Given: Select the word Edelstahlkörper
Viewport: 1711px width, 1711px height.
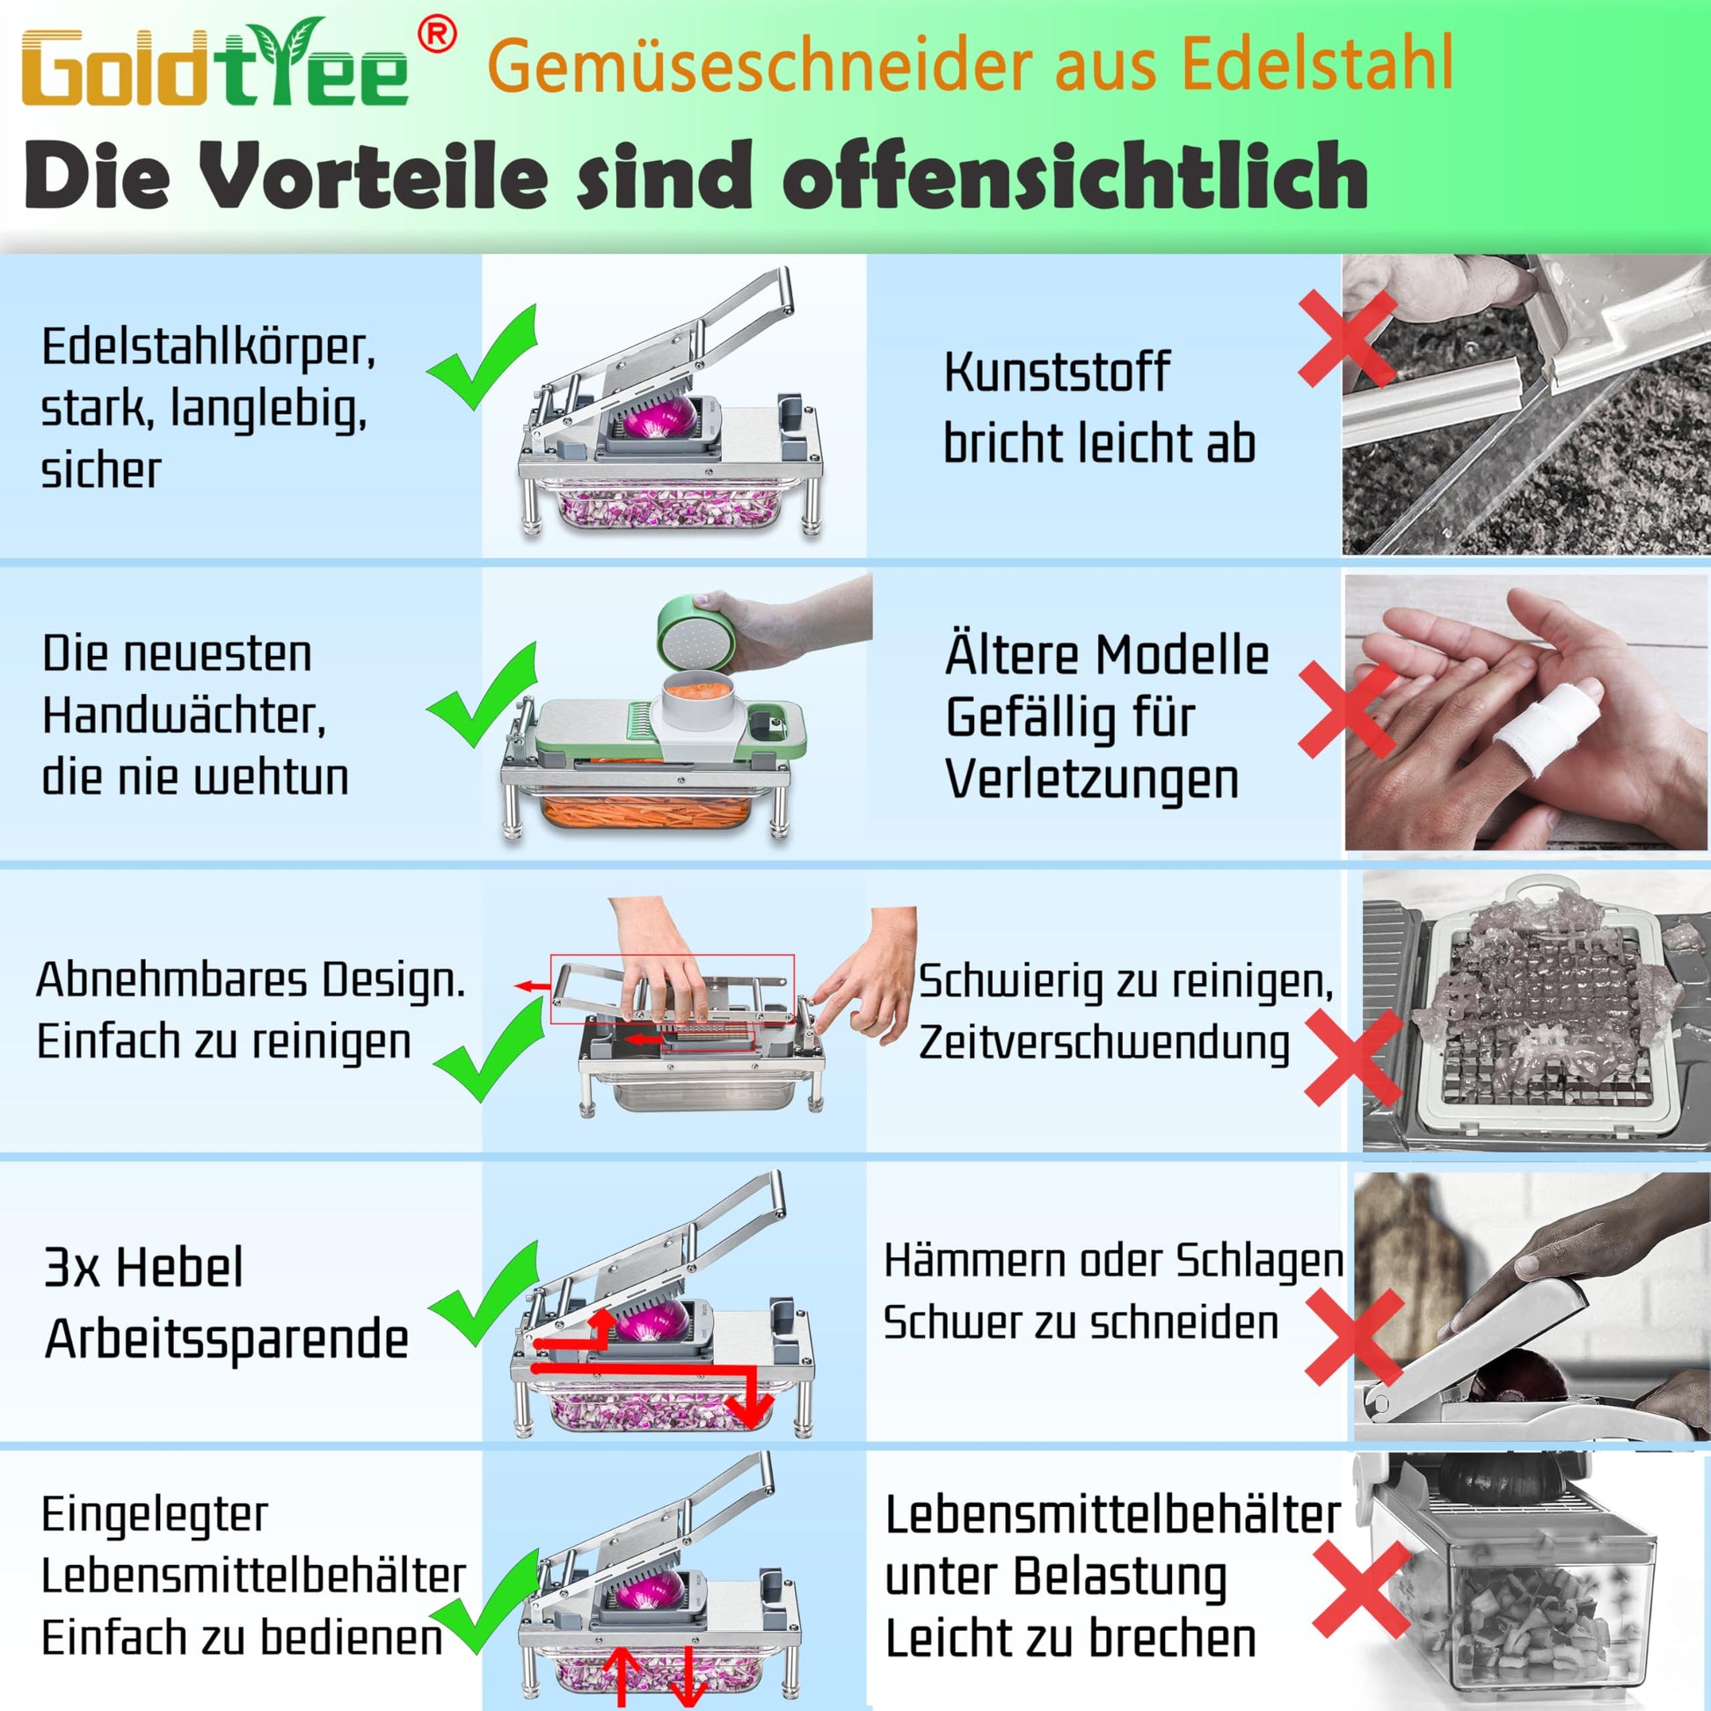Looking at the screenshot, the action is (208, 347).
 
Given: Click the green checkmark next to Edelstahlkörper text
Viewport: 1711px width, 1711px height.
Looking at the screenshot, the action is (484, 357).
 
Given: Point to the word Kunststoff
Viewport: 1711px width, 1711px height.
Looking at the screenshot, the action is (1057, 371).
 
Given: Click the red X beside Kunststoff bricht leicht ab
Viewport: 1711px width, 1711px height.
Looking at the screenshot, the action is (1347, 339).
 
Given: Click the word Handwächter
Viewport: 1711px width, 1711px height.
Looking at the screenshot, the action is (185, 715).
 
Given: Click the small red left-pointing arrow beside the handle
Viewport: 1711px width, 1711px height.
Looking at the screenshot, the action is (533, 986).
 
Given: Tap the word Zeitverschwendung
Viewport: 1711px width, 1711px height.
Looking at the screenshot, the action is (1104, 1043).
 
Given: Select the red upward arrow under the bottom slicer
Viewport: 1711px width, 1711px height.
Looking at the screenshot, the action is (621, 1678).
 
